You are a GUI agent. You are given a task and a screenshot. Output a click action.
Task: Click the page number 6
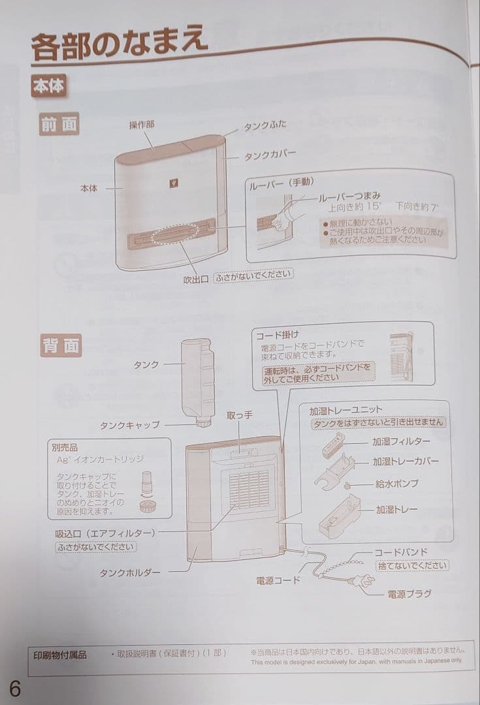point(15,688)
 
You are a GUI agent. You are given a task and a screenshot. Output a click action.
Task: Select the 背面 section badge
point(60,345)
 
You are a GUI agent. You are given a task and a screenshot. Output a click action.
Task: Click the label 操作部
point(142,125)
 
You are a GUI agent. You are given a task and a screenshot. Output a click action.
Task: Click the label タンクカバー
point(270,156)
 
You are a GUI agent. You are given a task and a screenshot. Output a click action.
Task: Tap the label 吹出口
point(196,278)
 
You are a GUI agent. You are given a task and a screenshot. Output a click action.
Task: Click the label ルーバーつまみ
point(349,196)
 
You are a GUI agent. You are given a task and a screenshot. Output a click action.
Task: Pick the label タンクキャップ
point(129,424)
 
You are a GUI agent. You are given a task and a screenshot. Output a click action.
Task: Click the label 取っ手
point(240,415)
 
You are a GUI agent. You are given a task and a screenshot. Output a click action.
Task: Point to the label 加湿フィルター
point(402,442)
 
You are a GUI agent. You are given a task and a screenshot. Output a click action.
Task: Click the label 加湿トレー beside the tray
point(396,509)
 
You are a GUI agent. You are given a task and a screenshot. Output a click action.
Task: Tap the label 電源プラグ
point(409,594)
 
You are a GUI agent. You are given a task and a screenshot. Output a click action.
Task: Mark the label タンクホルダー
point(130,572)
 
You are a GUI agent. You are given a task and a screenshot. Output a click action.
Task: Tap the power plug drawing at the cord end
point(360,584)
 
